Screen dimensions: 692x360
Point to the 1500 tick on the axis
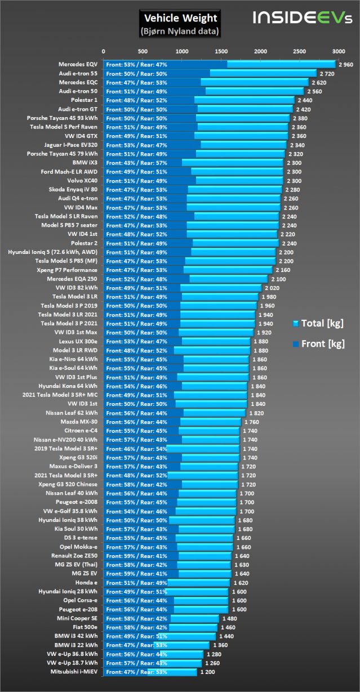pyautogui.click(x=221, y=51)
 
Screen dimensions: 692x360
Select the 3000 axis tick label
pyautogui.click(x=339, y=51)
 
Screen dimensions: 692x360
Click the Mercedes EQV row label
pyautogui.click(x=78, y=64)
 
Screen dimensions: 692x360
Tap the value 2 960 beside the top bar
pyautogui.click(x=345, y=65)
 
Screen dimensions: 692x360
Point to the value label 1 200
pyautogui.click(x=207, y=672)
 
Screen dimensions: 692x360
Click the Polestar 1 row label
pyautogui.click(x=82, y=100)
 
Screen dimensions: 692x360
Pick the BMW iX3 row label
pyautogui.click(x=85, y=162)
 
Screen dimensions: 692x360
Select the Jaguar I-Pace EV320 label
pyautogui.click(x=70, y=145)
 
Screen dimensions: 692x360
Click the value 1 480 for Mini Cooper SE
pyautogui.click(x=228, y=618)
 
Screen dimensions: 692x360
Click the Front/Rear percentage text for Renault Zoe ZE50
pyautogui.click(x=136, y=556)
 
